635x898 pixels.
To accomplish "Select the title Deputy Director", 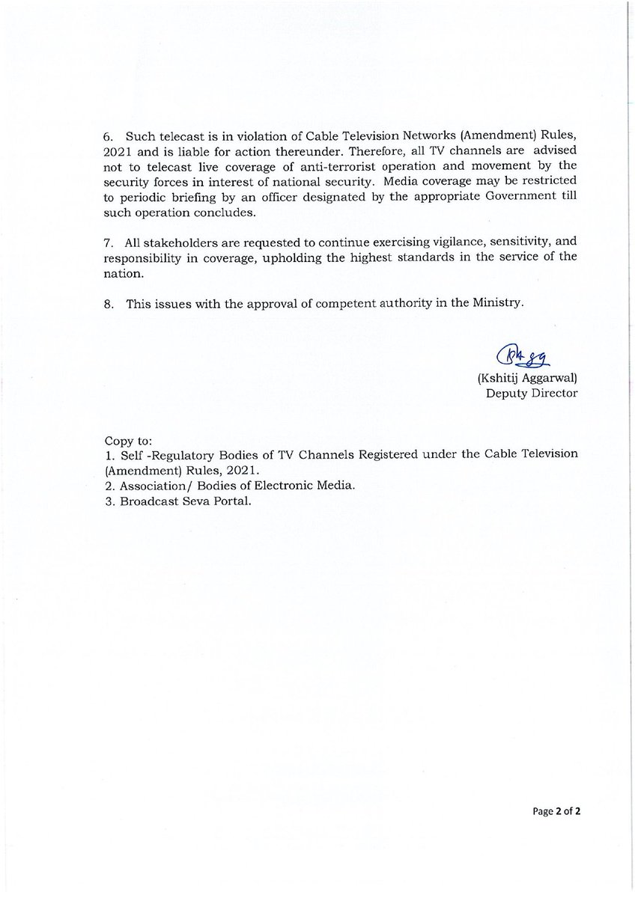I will [532, 393].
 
